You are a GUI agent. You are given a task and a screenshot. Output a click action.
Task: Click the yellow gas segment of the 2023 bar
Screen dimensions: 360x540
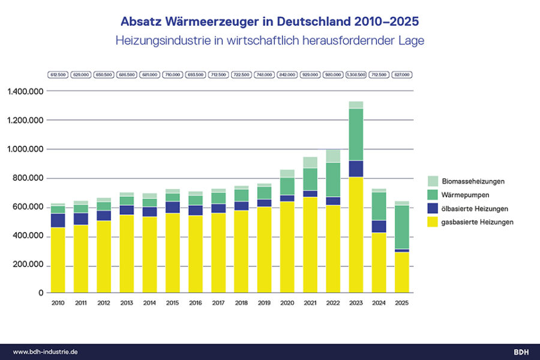[355, 234]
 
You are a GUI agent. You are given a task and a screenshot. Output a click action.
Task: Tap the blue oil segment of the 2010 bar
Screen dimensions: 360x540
[58, 220]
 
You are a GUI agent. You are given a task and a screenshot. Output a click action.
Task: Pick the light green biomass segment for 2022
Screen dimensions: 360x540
[332, 156]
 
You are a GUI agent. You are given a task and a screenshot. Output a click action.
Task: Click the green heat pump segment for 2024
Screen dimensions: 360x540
[379, 206]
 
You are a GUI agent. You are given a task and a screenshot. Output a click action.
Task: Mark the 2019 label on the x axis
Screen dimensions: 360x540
[264, 303]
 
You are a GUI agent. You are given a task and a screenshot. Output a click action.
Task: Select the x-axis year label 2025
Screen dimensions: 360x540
[401, 303]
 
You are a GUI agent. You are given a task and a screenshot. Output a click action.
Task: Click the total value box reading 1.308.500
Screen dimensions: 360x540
[356, 75]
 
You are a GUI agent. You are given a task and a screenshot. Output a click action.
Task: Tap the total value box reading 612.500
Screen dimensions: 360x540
[58, 75]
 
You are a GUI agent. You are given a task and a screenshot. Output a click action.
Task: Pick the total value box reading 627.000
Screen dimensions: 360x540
[401, 75]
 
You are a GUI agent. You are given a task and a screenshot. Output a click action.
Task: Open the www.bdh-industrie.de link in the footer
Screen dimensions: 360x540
[45, 352]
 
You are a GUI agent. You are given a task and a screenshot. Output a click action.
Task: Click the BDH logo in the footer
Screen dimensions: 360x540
[521, 352]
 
